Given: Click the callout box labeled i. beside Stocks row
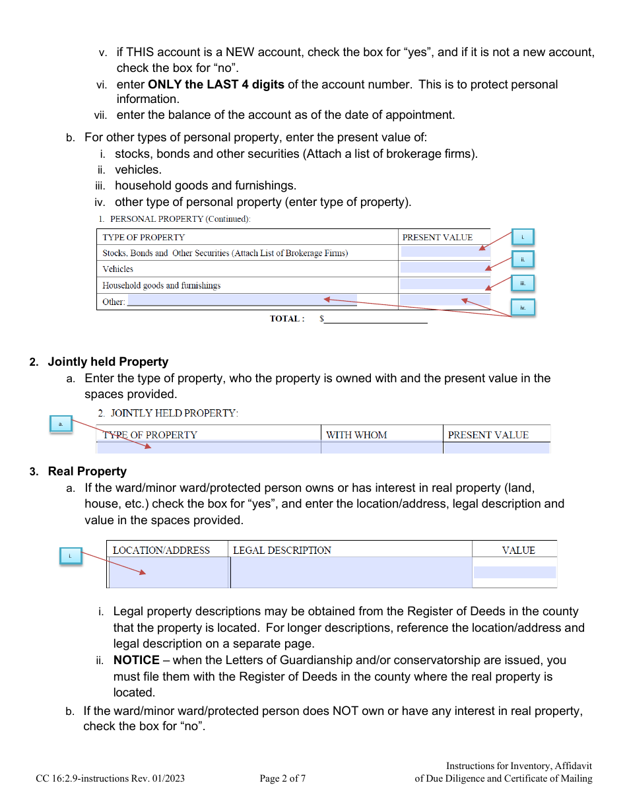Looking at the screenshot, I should [x=523, y=237].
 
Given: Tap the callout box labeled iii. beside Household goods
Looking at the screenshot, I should [x=523, y=283].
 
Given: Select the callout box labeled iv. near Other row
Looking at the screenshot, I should [x=523, y=308].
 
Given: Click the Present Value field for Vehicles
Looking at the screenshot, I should [x=445, y=268].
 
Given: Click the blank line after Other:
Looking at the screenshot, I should [x=242, y=301].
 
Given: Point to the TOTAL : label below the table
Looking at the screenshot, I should [x=287, y=319].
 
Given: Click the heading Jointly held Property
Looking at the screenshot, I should [x=108, y=362].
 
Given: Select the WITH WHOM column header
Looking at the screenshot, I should [x=356, y=435].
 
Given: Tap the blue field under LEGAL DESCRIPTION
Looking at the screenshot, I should [x=350, y=572].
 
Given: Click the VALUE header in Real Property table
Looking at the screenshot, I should [x=518, y=550].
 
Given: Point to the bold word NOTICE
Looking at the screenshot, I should [x=136, y=660].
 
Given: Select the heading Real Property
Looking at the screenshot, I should [x=87, y=471].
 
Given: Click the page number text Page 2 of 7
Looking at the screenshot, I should [x=282, y=778].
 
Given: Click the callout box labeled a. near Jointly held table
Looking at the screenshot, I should [x=61, y=424].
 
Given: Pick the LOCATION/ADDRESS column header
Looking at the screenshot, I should [x=161, y=550].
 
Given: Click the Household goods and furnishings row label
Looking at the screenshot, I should [x=162, y=285].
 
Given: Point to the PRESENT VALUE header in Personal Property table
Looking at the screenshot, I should [x=438, y=237].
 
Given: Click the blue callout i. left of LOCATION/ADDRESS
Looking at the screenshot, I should [x=70, y=556].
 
